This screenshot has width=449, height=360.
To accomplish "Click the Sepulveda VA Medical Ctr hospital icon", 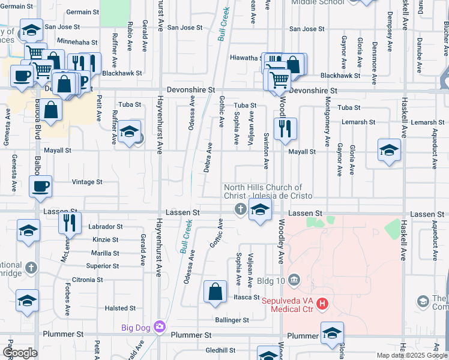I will (x=323, y=304).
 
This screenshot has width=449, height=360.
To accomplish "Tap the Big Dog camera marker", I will (x=160, y=326).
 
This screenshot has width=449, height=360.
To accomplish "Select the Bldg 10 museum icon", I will (x=294, y=280).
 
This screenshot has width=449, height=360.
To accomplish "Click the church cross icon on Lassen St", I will (x=240, y=209).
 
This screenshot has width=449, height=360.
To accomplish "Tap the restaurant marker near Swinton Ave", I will (x=284, y=128).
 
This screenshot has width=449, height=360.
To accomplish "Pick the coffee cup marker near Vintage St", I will (x=40, y=187).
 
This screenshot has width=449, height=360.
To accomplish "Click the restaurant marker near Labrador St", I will (x=70, y=223).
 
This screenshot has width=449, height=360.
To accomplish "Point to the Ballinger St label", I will (x=233, y=320).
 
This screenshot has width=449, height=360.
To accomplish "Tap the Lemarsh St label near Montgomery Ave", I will (x=357, y=122).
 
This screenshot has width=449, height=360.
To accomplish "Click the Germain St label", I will (x=82, y=12).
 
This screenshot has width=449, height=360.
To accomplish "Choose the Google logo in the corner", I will (x=20, y=353).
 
